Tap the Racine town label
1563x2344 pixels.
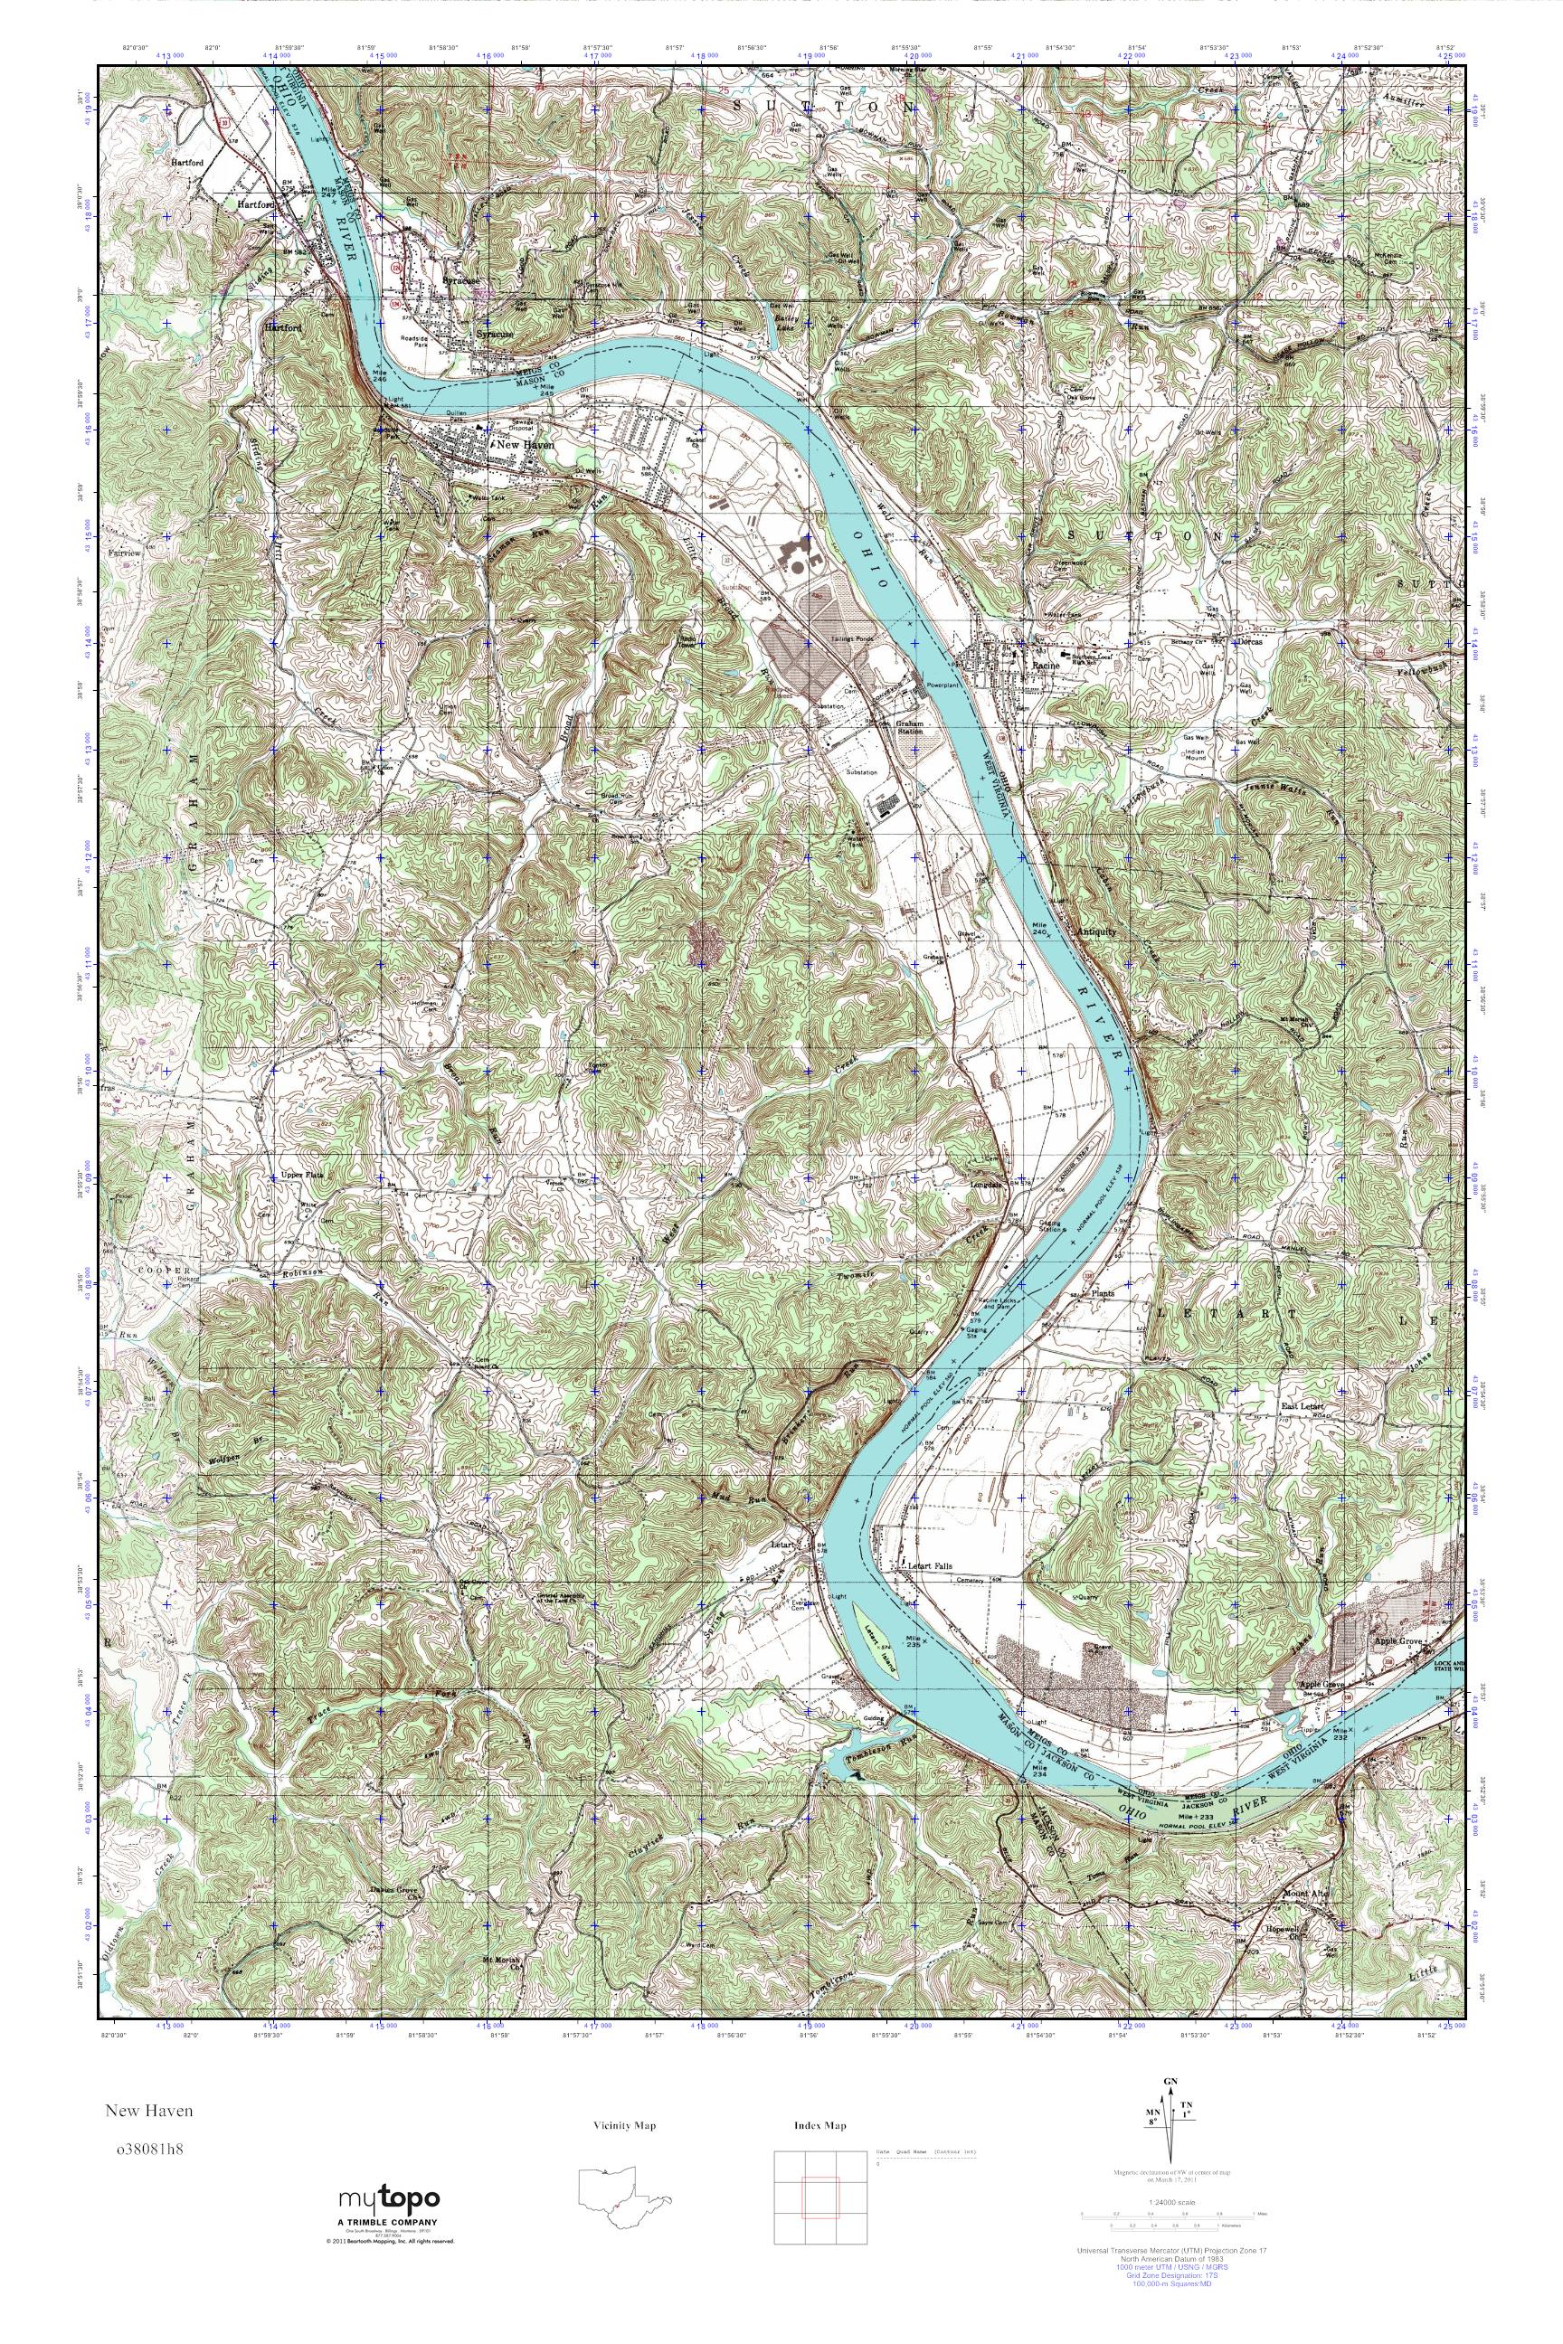pyautogui.click(x=1044, y=663)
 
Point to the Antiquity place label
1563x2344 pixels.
pyautogui.click(x=1096, y=931)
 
